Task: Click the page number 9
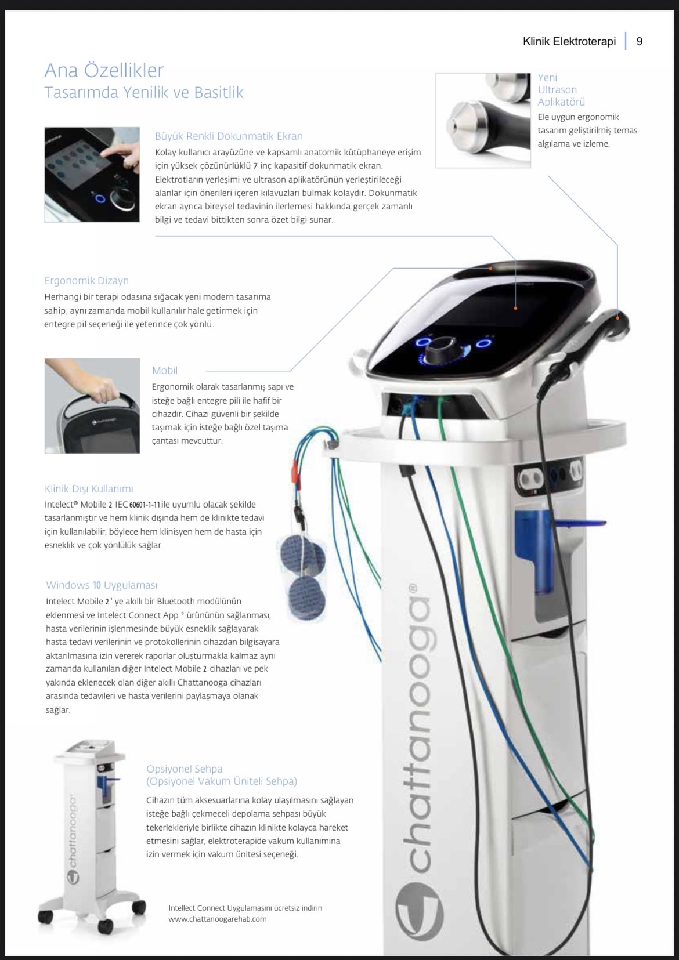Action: [x=639, y=41]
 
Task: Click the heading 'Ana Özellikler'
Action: [x=104, y=70]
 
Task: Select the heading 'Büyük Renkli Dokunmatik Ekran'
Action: [x=229, y=136]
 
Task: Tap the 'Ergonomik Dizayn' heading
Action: [x=86, y=281]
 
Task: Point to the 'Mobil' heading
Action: [x=165, y=371]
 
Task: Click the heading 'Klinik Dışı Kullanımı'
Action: [x=89, y=488]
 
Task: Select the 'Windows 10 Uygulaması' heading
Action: [x=102, y=585]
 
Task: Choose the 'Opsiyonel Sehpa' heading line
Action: [x=185, y=769]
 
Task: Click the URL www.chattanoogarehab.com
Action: [x=217, y=919]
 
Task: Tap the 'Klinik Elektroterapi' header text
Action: [x=569, y=41]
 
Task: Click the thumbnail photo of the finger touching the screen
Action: [x=92, y=175]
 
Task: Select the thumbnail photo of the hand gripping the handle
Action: [x=92, y=406]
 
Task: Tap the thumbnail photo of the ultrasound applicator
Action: [x=483, y=120]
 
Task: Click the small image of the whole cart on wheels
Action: [x=91, y=834]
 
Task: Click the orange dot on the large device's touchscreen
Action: [x=515, y=308]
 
